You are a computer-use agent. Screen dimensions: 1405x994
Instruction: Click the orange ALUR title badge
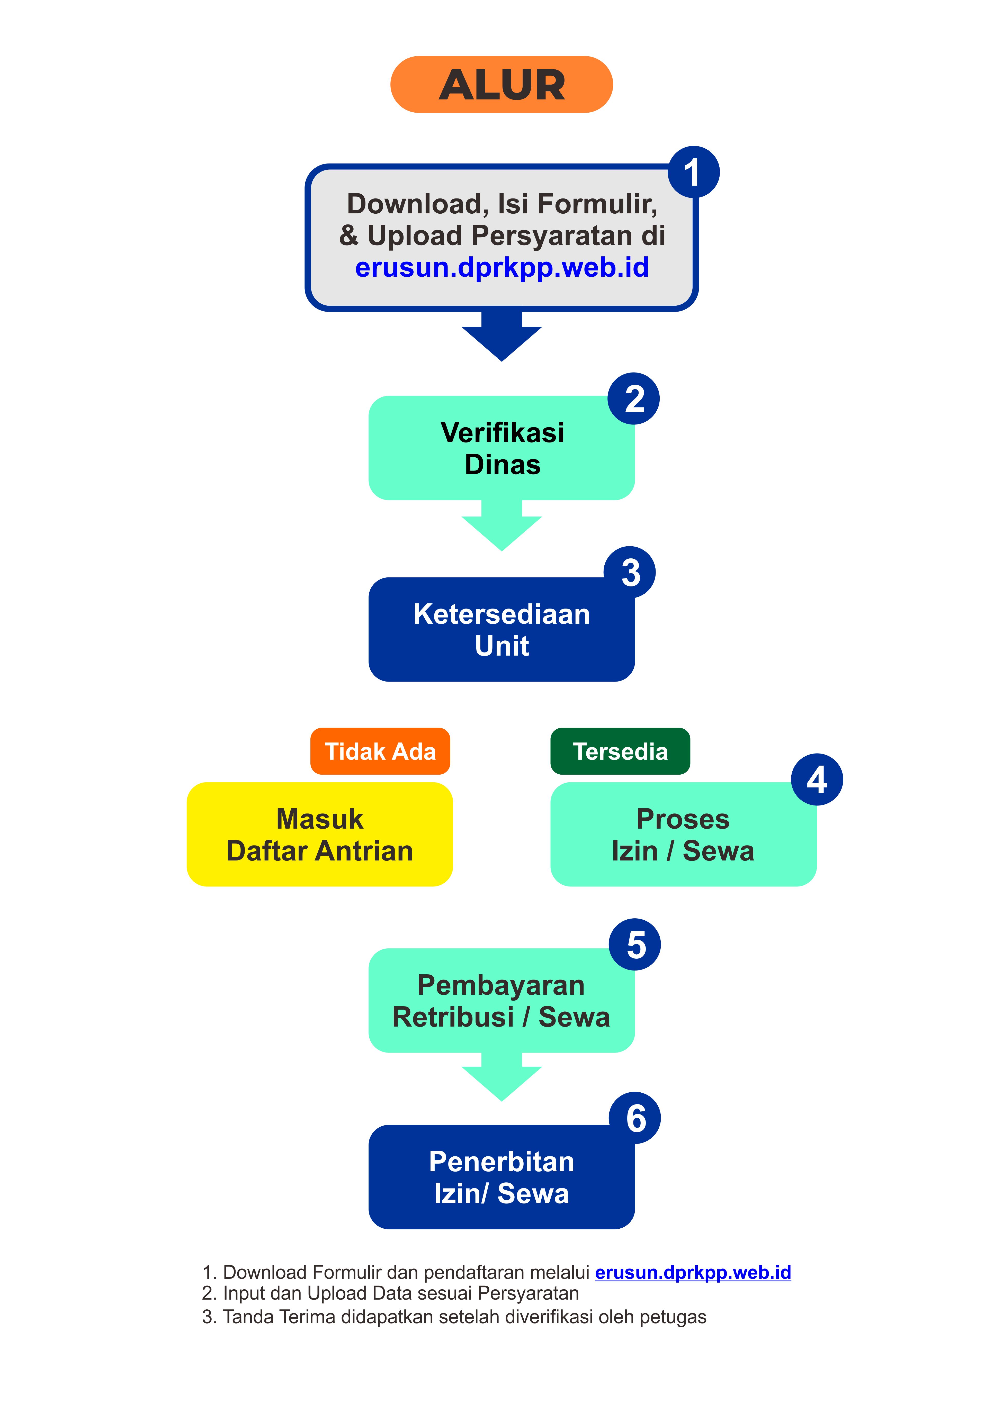501,84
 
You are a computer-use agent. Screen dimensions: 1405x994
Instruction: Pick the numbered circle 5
635,944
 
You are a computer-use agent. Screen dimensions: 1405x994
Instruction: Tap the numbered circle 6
635,1118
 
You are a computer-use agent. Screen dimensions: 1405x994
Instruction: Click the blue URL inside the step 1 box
502,267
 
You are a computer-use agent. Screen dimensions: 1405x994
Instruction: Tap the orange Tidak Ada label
380,751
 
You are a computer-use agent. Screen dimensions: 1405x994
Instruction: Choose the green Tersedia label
620,751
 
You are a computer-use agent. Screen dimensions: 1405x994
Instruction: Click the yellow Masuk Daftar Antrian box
319,835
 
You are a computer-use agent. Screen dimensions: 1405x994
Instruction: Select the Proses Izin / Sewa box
683,835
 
